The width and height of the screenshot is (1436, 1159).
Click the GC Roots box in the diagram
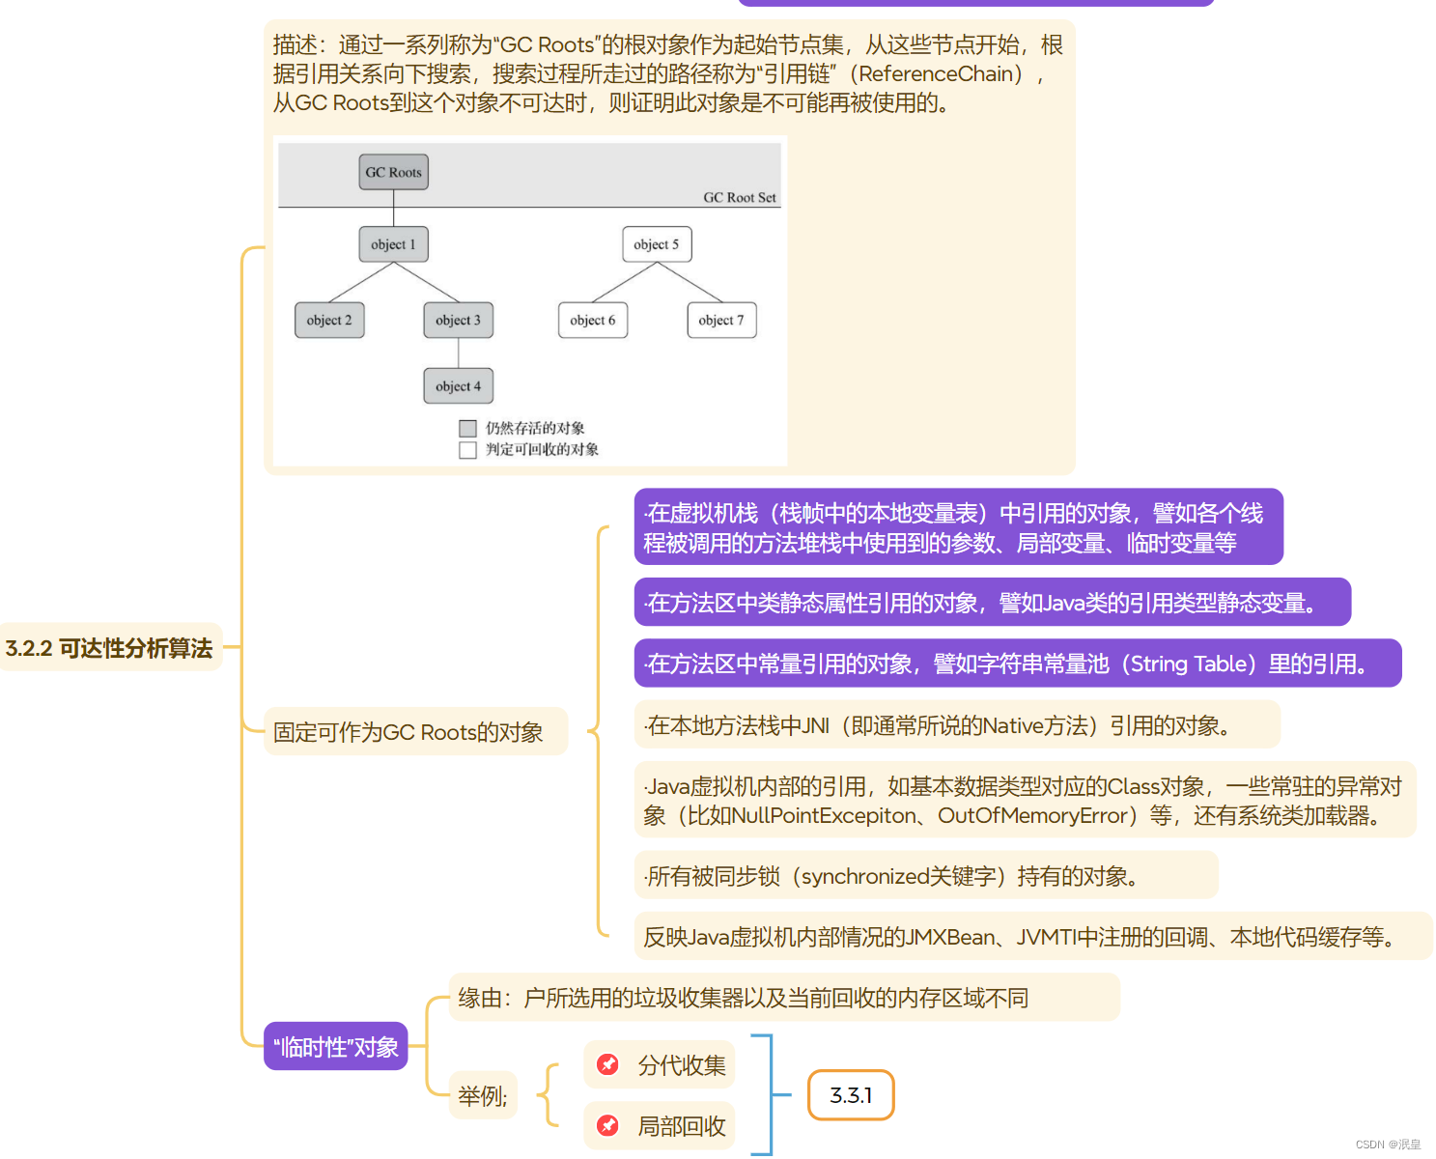coord(393,172)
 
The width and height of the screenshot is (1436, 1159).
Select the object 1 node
coord(393,244)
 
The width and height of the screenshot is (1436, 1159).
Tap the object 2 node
coord(329,320)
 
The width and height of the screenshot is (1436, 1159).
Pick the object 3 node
coord(458,320)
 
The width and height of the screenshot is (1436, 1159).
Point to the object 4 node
coord(458,386)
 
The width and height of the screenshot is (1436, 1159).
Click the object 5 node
coord(657,244)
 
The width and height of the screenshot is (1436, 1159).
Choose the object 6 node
coord(593,320)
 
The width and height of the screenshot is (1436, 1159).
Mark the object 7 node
coord(721,320)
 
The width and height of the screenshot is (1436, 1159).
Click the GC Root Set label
coord(740,197)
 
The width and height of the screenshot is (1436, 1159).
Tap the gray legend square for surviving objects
coord(468,428)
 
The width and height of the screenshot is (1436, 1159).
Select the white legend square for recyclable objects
coord(468,450)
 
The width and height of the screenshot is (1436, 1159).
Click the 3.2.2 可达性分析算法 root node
coord(109,648)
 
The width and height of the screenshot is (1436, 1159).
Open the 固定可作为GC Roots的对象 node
coord(408,732)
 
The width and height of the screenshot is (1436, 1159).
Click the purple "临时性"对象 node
coord(336,1047)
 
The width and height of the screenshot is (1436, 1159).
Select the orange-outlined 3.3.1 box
coord(851,1095)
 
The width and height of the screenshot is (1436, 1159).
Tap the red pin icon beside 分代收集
coord(608,1064)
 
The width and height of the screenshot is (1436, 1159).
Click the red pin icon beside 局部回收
coord(608,1125)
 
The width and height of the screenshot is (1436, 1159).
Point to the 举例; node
coord(482,1095)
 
